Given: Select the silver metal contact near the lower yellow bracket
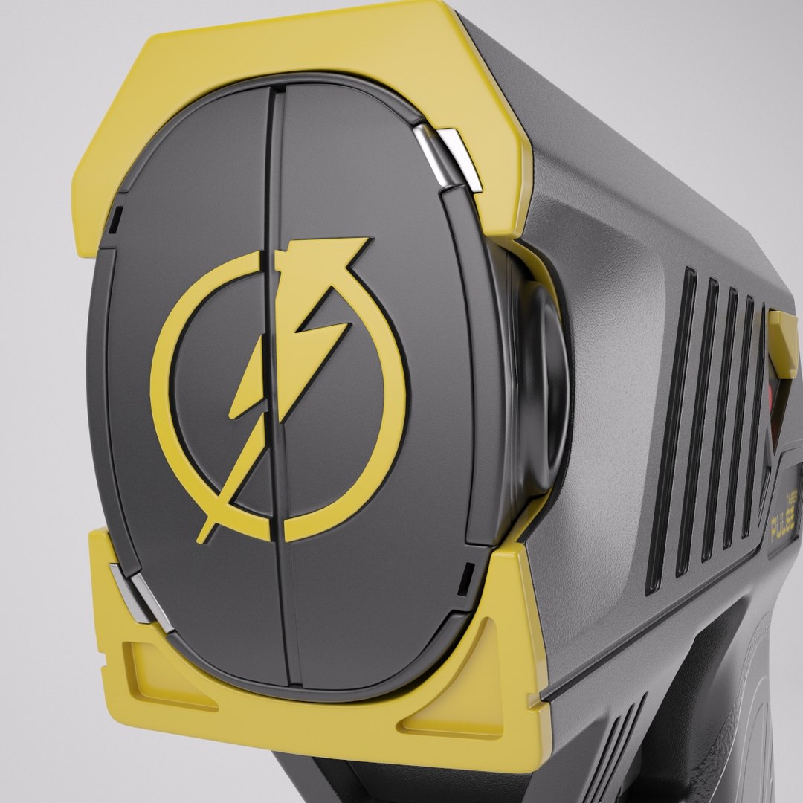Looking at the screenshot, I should (x=134, y=591).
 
